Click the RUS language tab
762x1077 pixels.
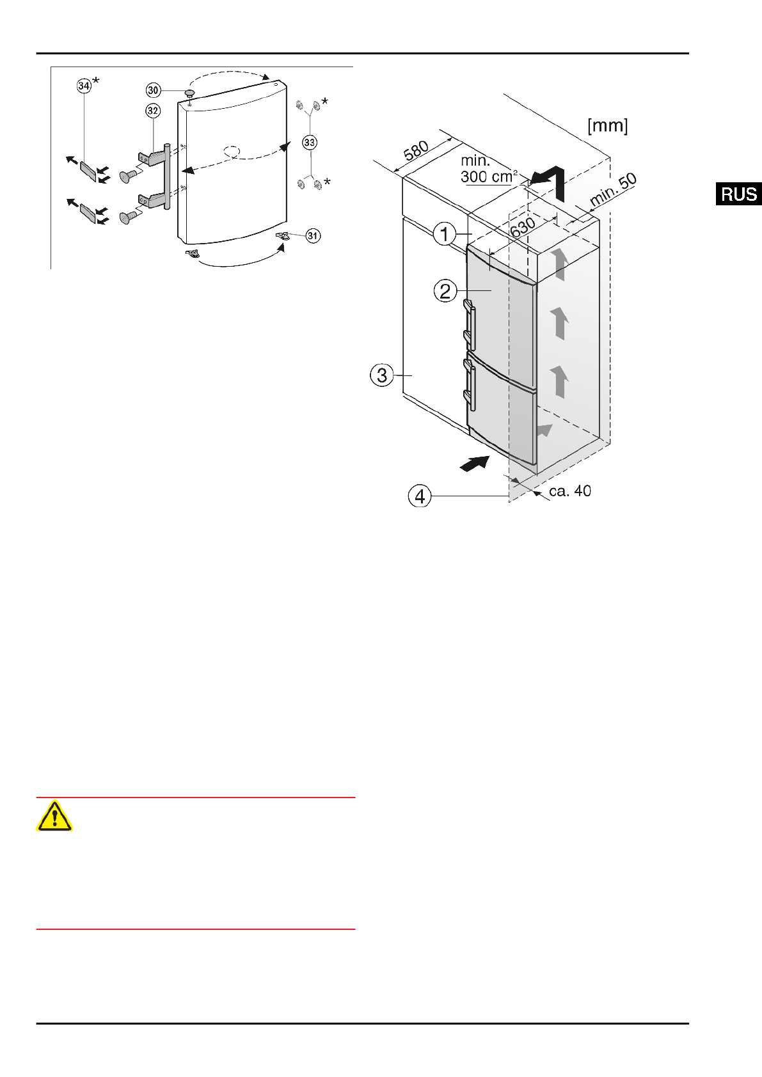(738, 194)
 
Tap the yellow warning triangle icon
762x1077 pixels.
(54, 816)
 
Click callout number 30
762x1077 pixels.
(154, 90)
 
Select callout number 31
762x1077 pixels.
(312, 236)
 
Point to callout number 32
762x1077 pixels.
(152, 111)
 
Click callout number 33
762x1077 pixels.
(310, 142)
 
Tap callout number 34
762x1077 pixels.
(84, 86)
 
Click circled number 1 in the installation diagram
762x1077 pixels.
(445, 234)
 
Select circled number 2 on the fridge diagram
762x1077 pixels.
(445, 291)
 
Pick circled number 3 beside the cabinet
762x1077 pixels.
(382, 375)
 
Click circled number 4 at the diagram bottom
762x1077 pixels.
(420, 496)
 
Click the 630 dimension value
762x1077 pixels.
(523, 227)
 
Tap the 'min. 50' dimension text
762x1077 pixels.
(613, 189)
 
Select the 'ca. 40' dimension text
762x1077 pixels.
(570, 491)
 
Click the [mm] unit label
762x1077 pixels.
(608, 126)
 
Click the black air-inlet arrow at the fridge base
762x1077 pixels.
(475, 464)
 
